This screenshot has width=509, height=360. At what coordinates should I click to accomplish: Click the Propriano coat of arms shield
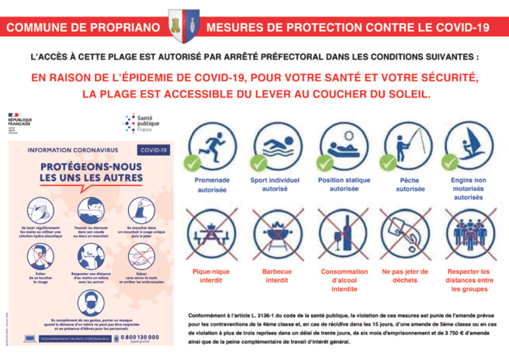[x=184, y=24]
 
